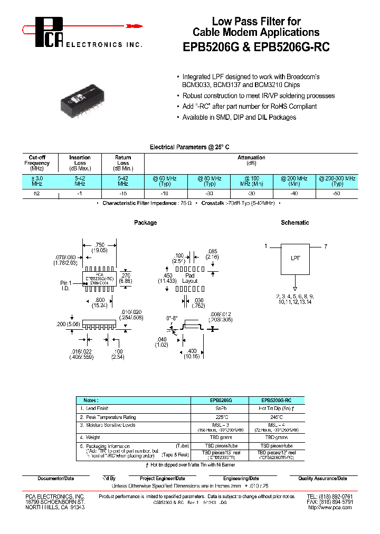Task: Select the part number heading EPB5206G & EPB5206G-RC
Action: [256, 47]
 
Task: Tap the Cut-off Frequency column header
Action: [37, 163]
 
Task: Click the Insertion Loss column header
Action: [80, 163]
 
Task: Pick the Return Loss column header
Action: [123, 163]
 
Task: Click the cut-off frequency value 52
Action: [36, 194]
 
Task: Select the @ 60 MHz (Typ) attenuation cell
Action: [166, 182]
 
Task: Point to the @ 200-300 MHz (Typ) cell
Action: [337, 182]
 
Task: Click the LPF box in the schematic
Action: [295, 259]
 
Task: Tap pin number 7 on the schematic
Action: [326, 246]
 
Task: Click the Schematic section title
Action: [295, 223]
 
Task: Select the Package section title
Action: [145, 223]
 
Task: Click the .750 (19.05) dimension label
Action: [99, 247]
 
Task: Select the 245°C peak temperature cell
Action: [277, 416]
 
